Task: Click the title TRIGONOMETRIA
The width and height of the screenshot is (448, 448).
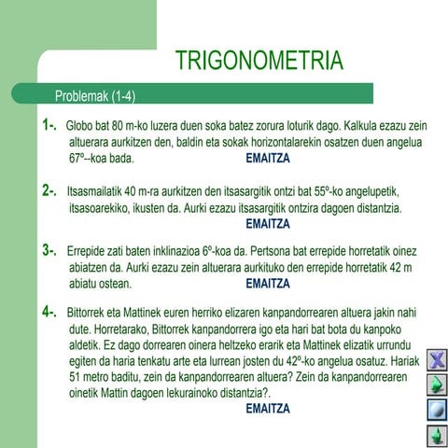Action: (259, 63)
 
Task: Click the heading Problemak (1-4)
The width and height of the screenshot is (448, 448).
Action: (96, 96)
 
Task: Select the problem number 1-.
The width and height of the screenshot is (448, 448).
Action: (49, 124)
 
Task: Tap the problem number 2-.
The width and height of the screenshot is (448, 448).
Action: (49, 191)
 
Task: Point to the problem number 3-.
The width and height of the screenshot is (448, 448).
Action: (49, 250)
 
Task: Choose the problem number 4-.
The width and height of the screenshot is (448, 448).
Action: (49, 312)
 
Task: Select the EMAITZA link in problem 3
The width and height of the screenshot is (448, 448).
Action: (271, 284)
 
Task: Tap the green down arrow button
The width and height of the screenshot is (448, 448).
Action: (435, 434)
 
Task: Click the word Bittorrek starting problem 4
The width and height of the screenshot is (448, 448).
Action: (95, 314)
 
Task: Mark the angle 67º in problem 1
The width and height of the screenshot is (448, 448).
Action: (81, 160)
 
